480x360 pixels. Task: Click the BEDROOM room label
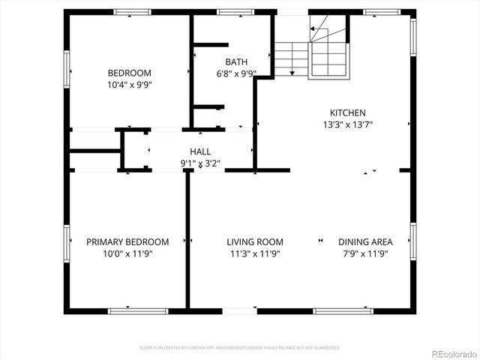coord(129,73)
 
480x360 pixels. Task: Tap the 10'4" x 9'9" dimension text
coord(129,85)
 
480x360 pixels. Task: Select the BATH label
coord(236,61)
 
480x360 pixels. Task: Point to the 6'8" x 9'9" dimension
coord(236,73)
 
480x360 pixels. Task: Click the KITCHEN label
coord(347,112)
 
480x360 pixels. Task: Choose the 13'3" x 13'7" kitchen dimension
coord(347,124)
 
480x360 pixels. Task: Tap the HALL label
coord(200,151)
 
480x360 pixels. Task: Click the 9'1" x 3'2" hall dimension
coord(200,163)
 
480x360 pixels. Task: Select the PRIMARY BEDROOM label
coord(127,241)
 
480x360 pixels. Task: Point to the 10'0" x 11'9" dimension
coord(127,253)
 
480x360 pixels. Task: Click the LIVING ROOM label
coord(255,241)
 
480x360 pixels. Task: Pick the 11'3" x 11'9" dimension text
coord(255,253)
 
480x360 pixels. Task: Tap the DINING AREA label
coord(365,241)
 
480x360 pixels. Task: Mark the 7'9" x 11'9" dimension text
coord(365,253)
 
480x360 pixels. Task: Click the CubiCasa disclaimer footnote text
coord(240,348)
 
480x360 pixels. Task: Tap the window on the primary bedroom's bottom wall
coord(128,310)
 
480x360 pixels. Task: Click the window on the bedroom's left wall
coord(67,70)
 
